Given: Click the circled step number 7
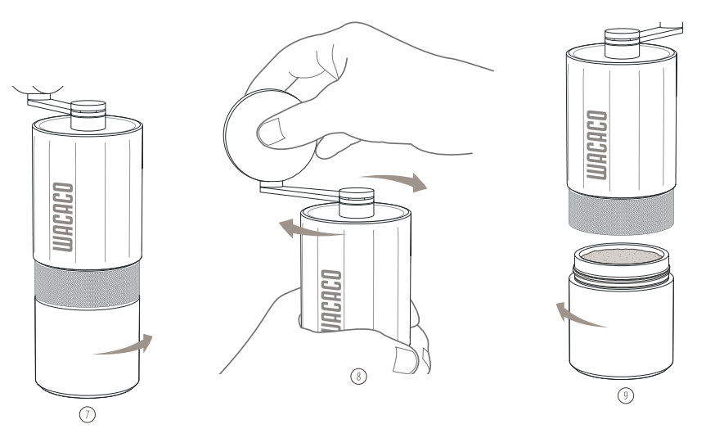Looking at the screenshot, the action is [x=88, y=414].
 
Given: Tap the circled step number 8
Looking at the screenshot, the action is [x=359, y=377].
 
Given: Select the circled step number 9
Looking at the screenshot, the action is [x=626, y=395].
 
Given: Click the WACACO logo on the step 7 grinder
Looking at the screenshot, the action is [x=63, y=217].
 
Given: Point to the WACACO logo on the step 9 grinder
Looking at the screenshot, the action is [x=596, y=145].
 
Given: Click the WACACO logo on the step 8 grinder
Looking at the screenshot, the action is [x=331, y=300].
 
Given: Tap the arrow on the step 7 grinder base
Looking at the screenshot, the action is [x=124, y=345].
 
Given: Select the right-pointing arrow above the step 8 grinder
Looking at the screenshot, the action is [x=396, y=181].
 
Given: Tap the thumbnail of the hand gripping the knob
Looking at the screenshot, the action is [x=272, y=132].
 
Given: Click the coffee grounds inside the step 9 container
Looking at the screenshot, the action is [x=621, y=255].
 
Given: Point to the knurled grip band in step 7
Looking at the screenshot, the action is [x=87, y=286].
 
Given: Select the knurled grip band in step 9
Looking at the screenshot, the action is [x=621, y=212].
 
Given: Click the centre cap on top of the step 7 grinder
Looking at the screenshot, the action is [x=88, y=115].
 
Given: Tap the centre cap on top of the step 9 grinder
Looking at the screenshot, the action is [x=622, y=43].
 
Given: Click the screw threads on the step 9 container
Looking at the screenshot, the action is [x=622, y=277].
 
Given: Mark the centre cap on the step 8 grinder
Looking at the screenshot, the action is [x=357, y=202].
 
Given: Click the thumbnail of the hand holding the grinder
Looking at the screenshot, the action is [x=406, y=360].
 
